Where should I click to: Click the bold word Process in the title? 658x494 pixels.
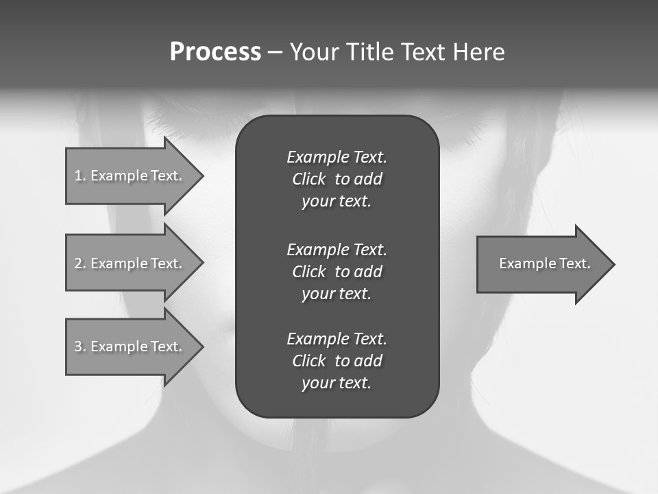[x=215, y=52]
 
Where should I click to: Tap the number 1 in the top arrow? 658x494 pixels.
[x=77, y=176]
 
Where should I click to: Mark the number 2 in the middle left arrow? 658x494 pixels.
[x=77, y=263]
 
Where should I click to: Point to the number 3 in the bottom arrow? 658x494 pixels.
[x=77, y=346]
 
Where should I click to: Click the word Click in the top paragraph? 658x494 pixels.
[x=308, y=179]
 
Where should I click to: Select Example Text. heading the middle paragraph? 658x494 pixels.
[x=337, y=249]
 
